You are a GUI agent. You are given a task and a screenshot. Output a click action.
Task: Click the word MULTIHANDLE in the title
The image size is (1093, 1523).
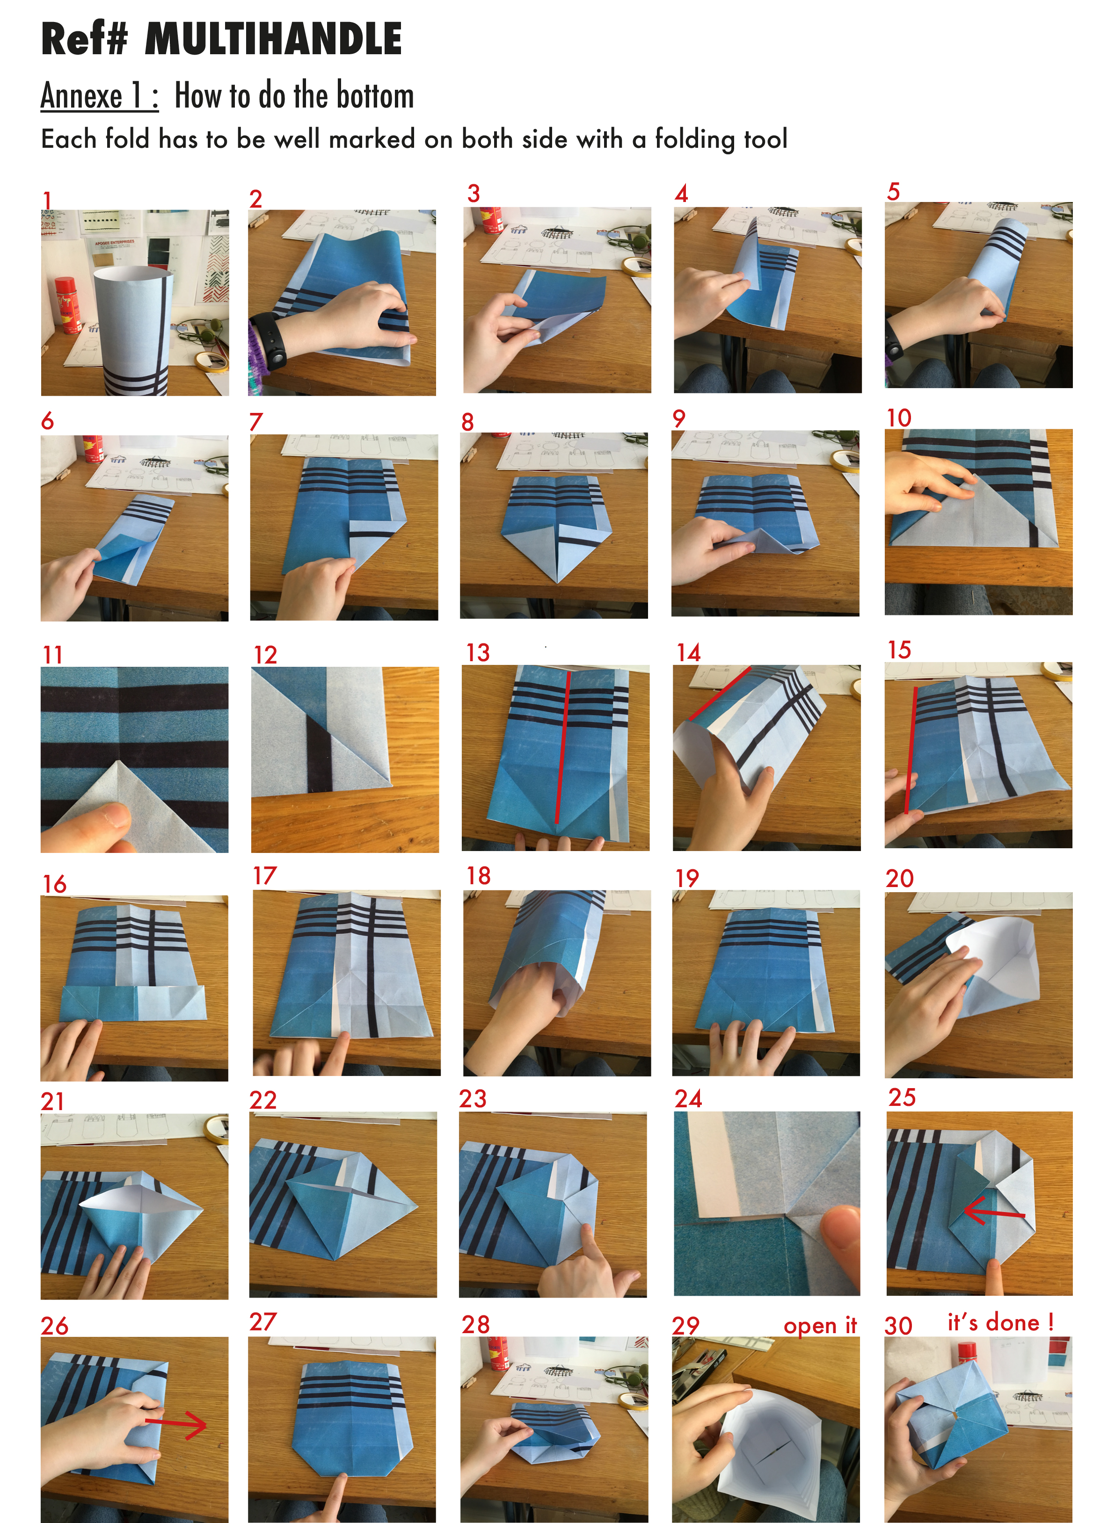click(x=273, y=39)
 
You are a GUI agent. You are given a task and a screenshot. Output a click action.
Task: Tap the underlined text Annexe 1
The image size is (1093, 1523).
click(x=99, y=95)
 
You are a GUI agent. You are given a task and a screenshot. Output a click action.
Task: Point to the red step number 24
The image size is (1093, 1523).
click(x=689, y=1098)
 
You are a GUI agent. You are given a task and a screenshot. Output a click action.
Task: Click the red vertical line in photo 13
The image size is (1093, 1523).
click(x=563, y=747)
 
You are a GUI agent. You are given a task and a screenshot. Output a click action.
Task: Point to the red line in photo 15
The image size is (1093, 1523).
click(x=911, y=750)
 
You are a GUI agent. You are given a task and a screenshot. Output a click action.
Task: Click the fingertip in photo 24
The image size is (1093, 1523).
click(x=841, y=1235)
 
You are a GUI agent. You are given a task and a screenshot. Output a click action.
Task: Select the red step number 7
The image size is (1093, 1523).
click(x=256, y=422)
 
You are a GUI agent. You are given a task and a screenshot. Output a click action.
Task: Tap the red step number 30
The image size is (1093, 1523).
click(x=898, y=1326)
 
